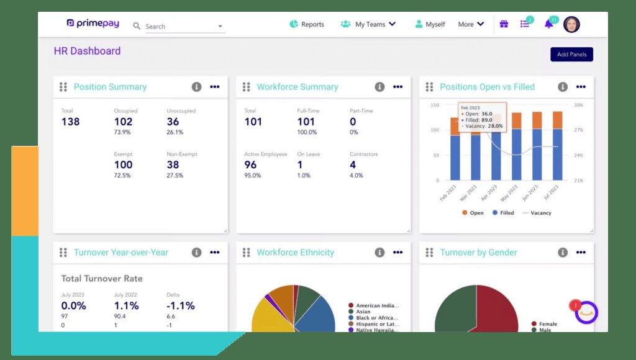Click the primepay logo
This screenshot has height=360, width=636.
pos(94,24)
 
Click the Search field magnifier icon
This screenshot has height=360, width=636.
pos(137,26)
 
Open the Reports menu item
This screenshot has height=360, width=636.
pos(307,24)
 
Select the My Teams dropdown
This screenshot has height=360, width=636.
pos(368,24)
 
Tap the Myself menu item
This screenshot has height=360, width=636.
pos(430,24)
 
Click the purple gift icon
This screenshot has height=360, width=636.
pos(504,24)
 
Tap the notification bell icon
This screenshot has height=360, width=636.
pos(548,24)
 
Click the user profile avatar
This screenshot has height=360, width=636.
pos(571,24)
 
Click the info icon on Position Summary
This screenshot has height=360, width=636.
pos(196,87)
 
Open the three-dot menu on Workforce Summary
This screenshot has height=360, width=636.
pos(397,87)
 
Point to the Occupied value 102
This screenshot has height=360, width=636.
pos(123,122)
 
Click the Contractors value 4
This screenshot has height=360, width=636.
pos(353,164)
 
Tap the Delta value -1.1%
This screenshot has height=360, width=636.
pos(180,305)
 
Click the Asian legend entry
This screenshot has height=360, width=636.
pos(363,312)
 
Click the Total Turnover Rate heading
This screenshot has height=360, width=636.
pos(101,279)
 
